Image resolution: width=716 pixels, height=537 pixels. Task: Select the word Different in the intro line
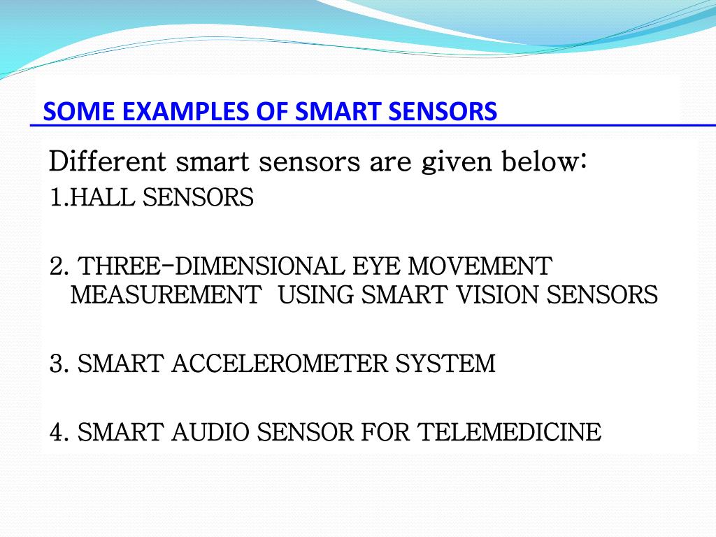108,162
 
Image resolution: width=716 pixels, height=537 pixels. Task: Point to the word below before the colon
538,162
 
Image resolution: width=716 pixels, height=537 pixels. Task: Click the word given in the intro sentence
457,163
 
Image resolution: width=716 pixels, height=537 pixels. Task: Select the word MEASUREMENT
166,295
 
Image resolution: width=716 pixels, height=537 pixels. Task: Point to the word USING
316,295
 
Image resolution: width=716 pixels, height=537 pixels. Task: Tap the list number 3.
57,364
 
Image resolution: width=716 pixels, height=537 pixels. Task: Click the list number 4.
57,432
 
